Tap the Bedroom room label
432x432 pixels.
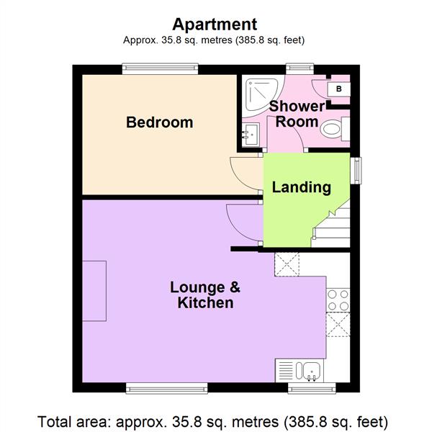159,122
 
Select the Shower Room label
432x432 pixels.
297,114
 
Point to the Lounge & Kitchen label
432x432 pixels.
205,295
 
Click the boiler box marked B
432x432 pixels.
339,89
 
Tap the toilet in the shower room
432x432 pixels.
333,130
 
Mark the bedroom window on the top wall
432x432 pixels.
160,68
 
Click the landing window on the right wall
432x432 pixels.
355,170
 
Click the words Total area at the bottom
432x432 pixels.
72,420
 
